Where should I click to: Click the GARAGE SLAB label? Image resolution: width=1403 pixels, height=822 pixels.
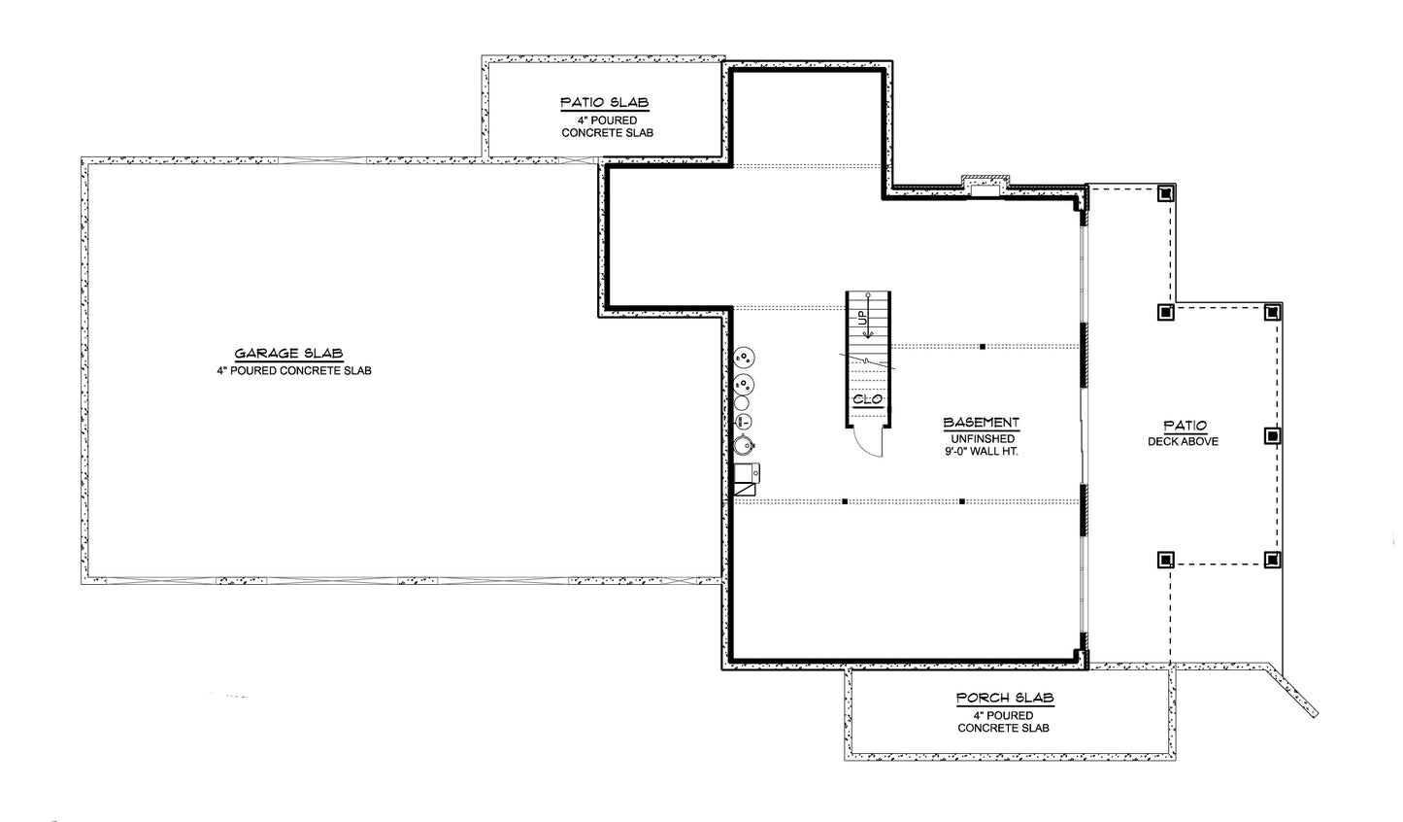(288, 354)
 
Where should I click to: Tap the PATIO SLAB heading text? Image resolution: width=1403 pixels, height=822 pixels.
(605, 102)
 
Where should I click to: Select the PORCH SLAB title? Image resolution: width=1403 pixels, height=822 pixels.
(1005, 698)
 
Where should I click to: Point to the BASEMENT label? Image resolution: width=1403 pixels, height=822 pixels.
(982, 423)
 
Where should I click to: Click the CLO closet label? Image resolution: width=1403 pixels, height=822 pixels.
(867, 399)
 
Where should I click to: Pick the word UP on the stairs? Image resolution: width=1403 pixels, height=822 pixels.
(862, 318)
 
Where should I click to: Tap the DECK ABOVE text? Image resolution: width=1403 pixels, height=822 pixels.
(1184, 441)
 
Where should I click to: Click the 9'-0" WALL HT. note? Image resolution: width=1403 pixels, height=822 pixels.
(982, 451)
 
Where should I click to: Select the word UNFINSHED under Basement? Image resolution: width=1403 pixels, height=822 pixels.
(983, 439)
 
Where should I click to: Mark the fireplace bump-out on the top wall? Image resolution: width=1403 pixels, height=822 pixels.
(985, 187)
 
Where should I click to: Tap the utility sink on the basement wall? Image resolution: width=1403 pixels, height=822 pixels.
(747, 473)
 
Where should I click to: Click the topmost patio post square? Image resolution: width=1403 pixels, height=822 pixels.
(1165, 193)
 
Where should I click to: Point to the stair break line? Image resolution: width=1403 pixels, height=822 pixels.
(867, 361)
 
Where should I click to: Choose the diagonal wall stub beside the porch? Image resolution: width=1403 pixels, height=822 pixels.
(1294, 691)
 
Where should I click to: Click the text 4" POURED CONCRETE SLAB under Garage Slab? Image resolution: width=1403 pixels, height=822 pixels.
(294, 370)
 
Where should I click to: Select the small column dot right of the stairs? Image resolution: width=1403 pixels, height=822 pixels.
(983, 347)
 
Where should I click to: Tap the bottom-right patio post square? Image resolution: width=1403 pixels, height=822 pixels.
(1272, 560)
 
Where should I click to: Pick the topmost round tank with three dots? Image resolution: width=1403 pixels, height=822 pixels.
(744, 358)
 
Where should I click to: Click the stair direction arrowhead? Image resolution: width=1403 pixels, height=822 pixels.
(868, 335)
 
